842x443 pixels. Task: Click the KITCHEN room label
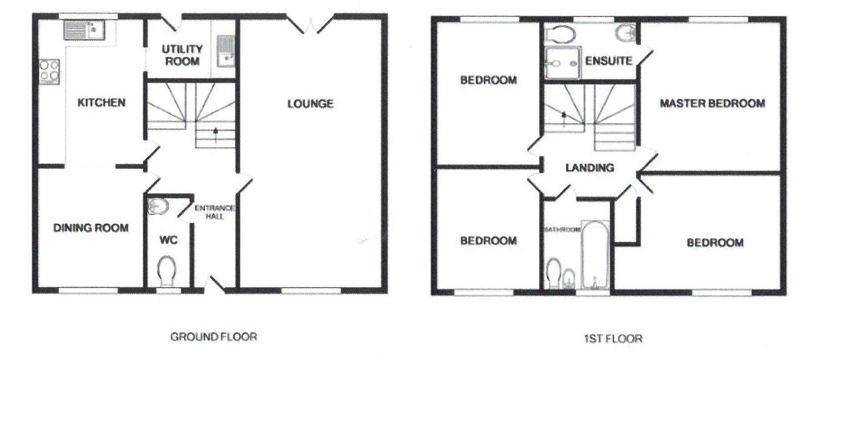coord(101,103)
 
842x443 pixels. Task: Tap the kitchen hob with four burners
coord(50,71)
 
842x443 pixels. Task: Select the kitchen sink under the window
coord(84,30)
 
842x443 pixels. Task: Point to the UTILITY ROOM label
coord(182,55)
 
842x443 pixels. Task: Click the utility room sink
coord(226,51)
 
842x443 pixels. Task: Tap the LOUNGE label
coord(310,104)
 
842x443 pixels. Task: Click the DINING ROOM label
coord(91,228)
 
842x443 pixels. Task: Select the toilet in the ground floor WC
coord(167,271)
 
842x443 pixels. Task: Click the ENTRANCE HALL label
coord(214,212)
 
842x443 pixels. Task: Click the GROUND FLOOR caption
coord(214,337)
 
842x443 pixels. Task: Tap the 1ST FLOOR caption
coord(613,338)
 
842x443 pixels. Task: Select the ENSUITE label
coord(609,61)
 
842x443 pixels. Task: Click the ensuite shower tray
coord(563,63)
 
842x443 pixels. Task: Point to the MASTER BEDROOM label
coord(713,103)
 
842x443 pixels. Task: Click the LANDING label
coord(590,168)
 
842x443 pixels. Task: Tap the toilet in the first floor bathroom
coord(553,274)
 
